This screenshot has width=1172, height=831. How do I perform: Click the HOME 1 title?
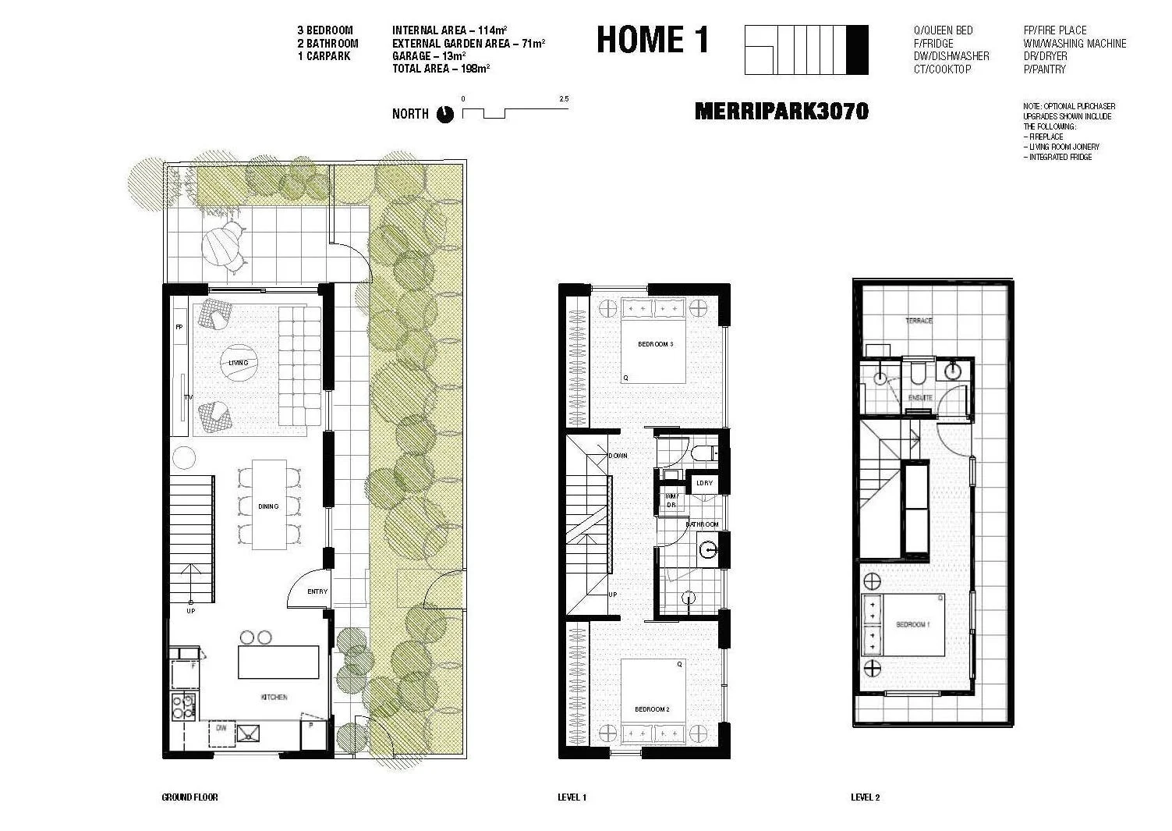coord(653,40)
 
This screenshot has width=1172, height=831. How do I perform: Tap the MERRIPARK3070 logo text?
coord(781,112)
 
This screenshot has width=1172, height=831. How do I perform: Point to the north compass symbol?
coord(444,114)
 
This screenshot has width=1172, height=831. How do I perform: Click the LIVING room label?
coord(239,363)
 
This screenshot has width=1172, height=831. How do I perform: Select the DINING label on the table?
coord(268,506)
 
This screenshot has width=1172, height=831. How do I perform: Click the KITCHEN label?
coord(274,697)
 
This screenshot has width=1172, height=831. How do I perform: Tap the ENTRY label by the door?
coord(317,591)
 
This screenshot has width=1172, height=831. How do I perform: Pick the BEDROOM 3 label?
coord(654,344)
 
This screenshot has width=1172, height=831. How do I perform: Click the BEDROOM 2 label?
coord(652,709)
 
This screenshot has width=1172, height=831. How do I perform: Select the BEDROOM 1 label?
coord(912,624)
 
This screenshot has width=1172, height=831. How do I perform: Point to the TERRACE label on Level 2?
coord(919,321)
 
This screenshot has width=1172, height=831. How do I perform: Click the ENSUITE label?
coord(920,398)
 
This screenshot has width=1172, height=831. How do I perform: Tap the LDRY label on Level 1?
coord(704,483)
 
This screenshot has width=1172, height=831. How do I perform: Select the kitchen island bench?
coord(279,662)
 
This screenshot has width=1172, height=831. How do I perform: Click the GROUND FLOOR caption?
coord(189,797)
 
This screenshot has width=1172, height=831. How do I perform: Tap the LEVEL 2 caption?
coord(865,797)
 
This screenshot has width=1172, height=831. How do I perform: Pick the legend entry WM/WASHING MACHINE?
coord(1075,44)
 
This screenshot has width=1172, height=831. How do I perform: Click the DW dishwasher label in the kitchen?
coord(221,728)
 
